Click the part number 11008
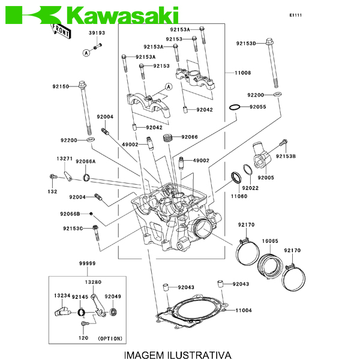point(243,73)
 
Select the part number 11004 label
point(243,310)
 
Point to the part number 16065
point(269,241)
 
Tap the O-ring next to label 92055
point(236,107)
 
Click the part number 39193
point(97,33)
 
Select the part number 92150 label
point(61,86)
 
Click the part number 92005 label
point(266,178)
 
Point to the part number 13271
point(65,159)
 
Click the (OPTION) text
point(109,338)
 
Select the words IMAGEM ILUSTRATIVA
point(177,355)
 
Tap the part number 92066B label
point(70,214)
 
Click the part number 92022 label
point(250,188)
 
